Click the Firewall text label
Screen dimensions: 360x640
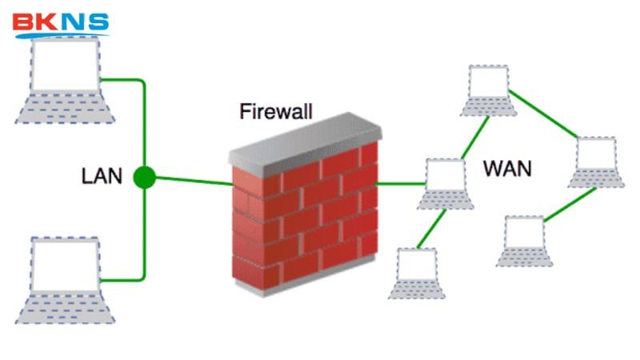coord(276,111)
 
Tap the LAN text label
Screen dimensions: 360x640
coord(102,176)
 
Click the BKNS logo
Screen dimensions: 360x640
coord(61,23)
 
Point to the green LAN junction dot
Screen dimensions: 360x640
coord(144,177)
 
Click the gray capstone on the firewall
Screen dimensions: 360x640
coord(304,140)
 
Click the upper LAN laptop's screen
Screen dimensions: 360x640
coord(64,65)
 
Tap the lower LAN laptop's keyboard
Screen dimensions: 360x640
coord(64,309)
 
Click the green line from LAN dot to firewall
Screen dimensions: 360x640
coord(192,181)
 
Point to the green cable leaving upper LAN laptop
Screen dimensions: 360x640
coord(128,79)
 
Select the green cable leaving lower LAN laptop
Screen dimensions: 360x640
coord(128,280)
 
